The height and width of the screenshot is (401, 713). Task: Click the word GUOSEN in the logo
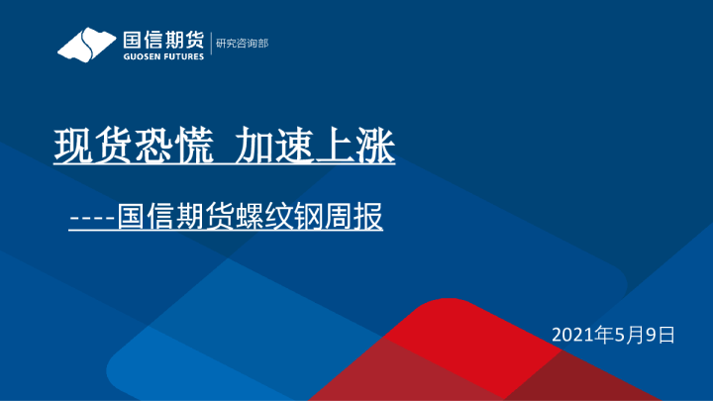(142, 56)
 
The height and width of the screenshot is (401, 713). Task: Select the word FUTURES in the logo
(184, 56)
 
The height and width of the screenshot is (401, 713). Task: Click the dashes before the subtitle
(91, 217)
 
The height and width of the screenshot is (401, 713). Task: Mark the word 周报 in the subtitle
(354, 217)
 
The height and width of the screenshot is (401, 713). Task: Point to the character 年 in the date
(606, 335)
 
